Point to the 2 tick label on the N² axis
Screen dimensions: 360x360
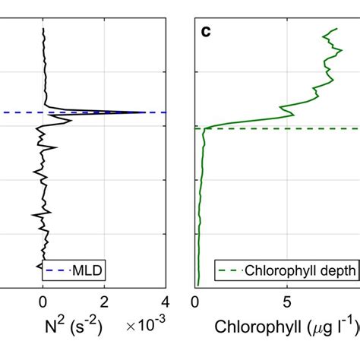104,300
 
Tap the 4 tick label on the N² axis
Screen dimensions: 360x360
165,300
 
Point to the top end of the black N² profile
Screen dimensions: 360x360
43,28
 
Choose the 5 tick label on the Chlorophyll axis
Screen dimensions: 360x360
287,300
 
